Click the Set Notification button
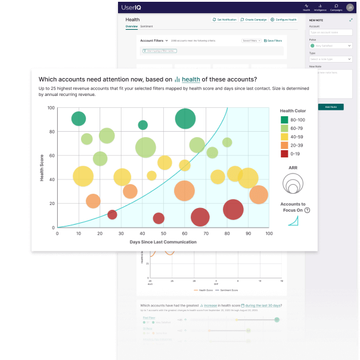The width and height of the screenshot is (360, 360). [225, 20]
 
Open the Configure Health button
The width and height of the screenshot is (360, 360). [284, 20]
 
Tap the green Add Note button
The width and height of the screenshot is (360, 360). [331, 107]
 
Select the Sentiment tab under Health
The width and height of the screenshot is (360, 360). [146, 27]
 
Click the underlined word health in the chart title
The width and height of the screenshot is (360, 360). [191, 79]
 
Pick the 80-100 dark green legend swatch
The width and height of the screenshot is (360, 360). [285, 120]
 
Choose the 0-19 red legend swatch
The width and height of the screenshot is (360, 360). [285, 154]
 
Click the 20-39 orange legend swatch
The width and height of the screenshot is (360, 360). [285, 145]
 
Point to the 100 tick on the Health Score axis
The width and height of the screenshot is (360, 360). [51, 108]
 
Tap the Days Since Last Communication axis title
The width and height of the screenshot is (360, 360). [163, 242]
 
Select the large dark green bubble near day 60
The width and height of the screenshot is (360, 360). [185, 119]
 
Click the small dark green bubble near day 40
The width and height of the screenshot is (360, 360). [143, 125]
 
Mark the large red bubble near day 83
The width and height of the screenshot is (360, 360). [234, 209]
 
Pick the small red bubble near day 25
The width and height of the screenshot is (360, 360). [112, 215]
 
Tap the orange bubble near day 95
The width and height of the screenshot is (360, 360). [258, 195]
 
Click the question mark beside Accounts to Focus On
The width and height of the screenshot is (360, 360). [308, 210]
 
